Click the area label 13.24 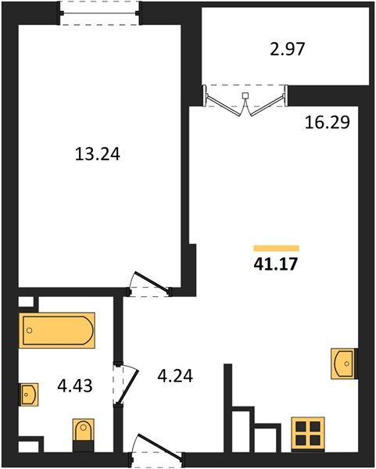98,154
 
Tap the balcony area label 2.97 288,49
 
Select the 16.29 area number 328,123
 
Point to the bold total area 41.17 275,264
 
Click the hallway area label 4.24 175,376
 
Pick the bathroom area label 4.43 75,385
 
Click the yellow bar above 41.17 276,249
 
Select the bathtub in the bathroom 57,330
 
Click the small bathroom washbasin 29,395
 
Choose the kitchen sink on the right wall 344,363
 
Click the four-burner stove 308,433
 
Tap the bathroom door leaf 127,388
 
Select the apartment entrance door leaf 159,446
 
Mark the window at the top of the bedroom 99,13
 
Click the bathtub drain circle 29,331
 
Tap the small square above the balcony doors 245,95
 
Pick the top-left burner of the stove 301,426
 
